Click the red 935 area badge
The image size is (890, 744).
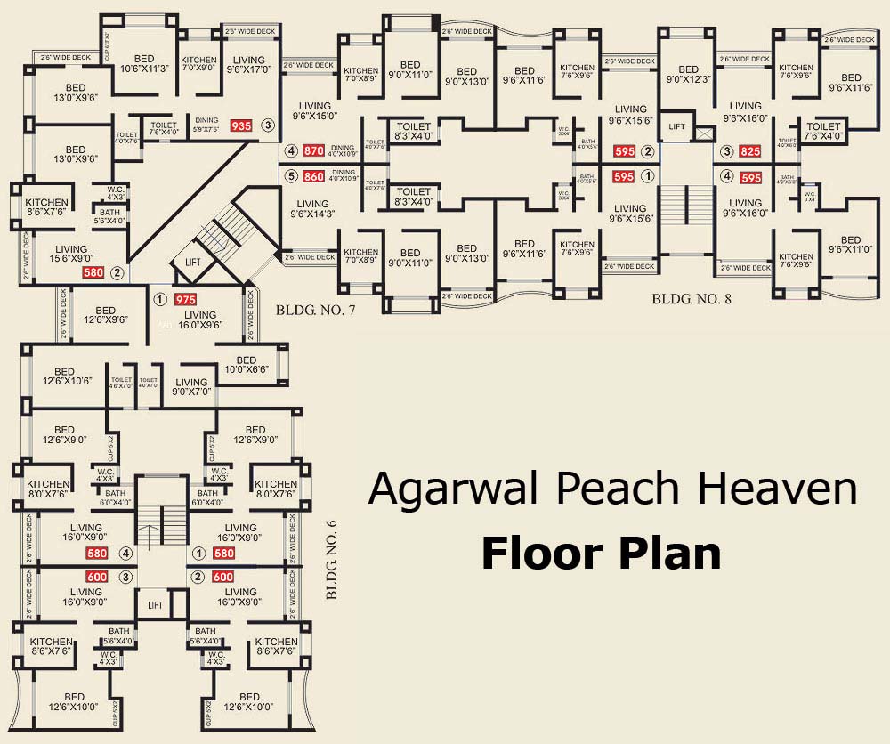pyautogui.click(x=241, y=126)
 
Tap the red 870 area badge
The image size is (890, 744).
pyautogui.click(x=312, y=151)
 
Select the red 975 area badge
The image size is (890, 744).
pyautogui.click(x=185, y=300)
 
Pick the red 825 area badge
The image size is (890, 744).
pyautogui.click(x=751, y=151)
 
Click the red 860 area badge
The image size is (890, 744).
pyautogui.click(x=312, y=176)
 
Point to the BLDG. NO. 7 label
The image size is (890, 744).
pyautogui.click(x=315, y=310)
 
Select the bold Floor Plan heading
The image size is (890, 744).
pyautogui.click(x=601, y=553)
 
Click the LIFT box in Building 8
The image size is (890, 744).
pyautogui.click(x=677, y=127)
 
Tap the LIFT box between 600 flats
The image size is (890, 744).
pyautogui.click(x=156, y=605)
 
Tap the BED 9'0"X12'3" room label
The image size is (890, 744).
pyautogui.click(x=688, y=75)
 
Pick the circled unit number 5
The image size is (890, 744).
pyautogui.click(x=290, y=176)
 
